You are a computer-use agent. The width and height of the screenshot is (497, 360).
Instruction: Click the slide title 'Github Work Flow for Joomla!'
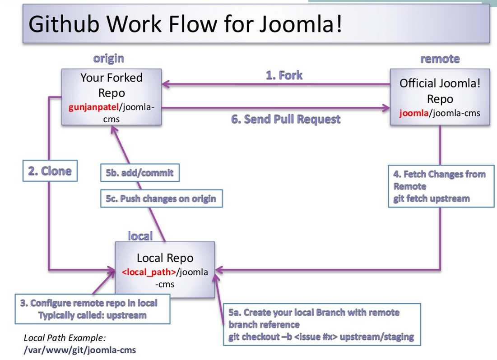click(x=185, y=23)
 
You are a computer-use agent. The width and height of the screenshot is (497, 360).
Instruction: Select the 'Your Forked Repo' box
click(x=111, y=97)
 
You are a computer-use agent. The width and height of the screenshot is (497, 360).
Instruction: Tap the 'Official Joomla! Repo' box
click(x=440, y=97)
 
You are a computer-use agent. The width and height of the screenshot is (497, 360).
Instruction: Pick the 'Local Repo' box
click(x=165, y=269)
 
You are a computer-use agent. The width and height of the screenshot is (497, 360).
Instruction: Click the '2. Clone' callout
click(x=50, y=171)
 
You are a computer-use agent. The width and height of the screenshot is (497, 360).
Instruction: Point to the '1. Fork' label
click(x=284, y=75)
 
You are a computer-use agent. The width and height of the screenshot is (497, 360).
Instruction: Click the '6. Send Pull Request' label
click(x=285, y=120)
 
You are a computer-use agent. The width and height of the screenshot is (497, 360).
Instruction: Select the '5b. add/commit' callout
click(x=139, y=173)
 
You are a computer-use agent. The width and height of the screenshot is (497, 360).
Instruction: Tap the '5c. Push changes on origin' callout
click(x=161, y=198)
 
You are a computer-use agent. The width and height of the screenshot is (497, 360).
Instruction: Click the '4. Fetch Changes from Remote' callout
click(x=441, y=186)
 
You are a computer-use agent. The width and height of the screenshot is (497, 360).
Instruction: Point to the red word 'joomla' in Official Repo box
click(x=413, y=113)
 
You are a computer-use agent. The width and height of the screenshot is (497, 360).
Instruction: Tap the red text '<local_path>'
click(x=149, y=272)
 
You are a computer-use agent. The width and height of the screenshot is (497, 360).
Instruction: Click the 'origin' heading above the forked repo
click(x=108, y=59)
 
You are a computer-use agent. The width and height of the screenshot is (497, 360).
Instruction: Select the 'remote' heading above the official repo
click(x=440, y=59)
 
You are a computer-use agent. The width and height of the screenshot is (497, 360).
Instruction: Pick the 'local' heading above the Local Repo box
click(x=140, y=235)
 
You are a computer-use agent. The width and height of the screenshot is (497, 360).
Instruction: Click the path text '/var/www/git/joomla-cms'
click(x=80, y=350)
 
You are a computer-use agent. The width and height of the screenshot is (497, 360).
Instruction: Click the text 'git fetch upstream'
click(x=431, y=198)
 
